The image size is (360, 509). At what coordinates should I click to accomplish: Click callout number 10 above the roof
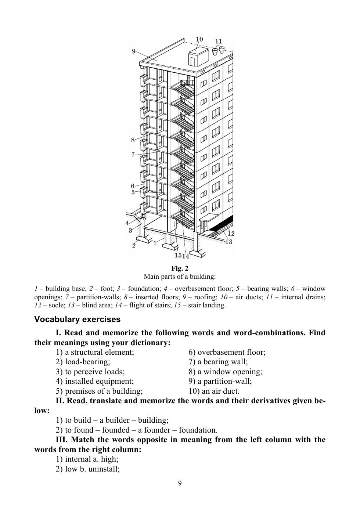199,40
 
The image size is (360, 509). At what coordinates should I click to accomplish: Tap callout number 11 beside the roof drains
219,41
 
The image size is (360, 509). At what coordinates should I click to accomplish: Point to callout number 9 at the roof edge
134,51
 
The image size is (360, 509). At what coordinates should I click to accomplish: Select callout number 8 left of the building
133,140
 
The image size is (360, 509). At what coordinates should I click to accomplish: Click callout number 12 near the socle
231,233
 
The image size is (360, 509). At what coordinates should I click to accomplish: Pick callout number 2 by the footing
134,245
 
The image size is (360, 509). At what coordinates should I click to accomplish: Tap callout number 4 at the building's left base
127,223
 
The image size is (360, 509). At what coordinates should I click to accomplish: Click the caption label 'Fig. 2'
180,268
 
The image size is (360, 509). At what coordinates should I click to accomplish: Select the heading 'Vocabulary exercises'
77,320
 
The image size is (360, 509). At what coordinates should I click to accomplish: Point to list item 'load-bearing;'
87,362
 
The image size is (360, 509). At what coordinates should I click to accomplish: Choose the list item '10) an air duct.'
214,391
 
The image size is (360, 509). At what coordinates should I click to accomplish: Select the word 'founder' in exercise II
158,430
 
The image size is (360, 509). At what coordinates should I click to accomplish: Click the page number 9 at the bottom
180,483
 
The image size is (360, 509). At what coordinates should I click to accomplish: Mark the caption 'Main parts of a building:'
180,277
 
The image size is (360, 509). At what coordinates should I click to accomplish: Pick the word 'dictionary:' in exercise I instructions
151,343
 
